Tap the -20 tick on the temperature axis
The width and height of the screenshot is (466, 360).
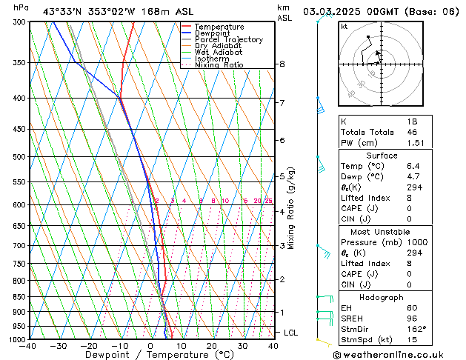(x=89, y=346)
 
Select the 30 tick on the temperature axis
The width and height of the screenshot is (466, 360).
(x=242, y=346)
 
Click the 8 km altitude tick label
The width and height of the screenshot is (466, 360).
(x=282, y=64)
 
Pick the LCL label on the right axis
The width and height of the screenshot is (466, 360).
(x=291, y=333)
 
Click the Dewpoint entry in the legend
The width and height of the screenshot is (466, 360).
(x=212, y=33)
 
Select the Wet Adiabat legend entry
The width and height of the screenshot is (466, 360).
(x=218, y=53)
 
